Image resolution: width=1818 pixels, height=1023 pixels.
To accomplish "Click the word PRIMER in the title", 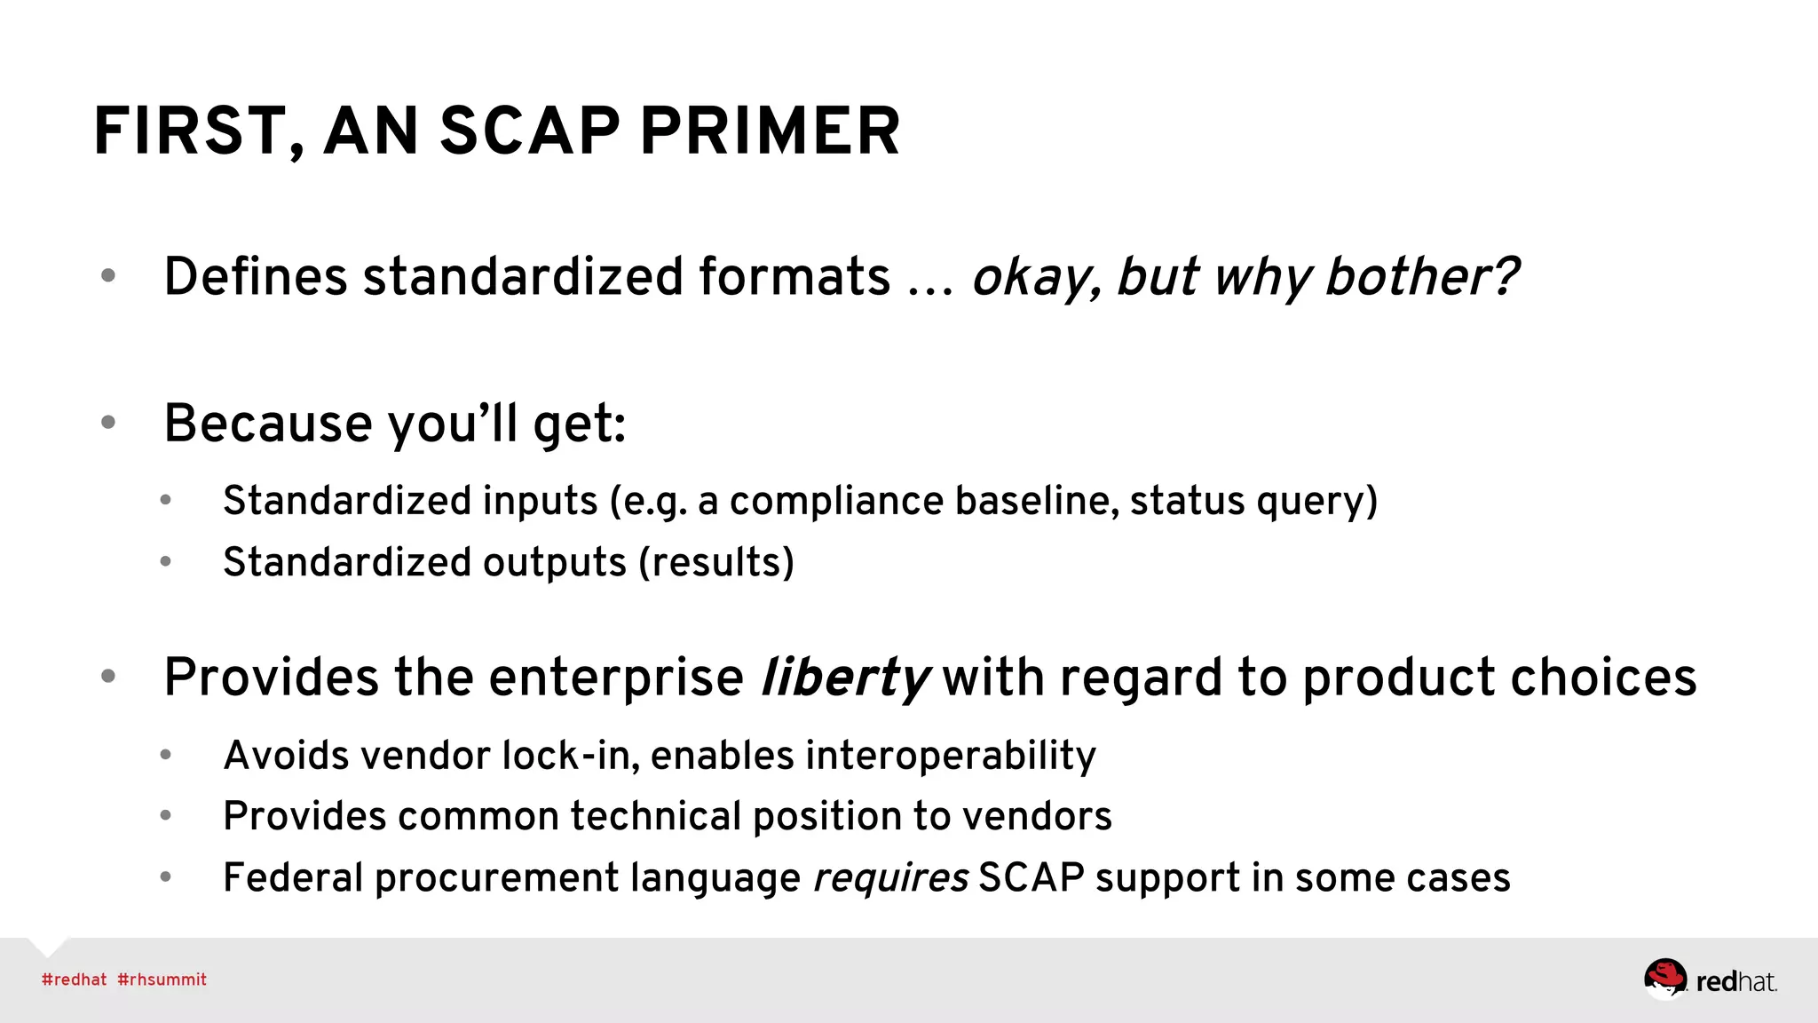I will click(x=770, y=131).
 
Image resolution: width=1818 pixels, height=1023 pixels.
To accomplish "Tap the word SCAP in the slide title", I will click(x=529, y=131).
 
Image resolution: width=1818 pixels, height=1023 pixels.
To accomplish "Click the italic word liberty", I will click(x=844, y=678).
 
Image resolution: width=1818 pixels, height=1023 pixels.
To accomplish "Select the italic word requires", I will click(x=890, y=878).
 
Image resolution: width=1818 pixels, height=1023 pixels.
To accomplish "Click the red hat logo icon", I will click(x=1664, y=979).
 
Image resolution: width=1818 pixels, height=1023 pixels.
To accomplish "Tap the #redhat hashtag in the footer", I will click(x=74, y=979).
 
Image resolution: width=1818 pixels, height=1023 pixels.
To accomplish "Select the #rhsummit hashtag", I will click(x=162, y=979).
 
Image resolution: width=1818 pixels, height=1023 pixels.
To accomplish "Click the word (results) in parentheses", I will click(x=716, y=562).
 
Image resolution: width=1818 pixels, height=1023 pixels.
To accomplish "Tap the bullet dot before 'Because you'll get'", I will click(x=108, y=423).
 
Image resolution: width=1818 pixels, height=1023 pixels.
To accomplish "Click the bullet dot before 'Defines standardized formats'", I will click(x=108, y=275).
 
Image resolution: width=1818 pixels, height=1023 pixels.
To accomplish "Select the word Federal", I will click(x=292, y=878).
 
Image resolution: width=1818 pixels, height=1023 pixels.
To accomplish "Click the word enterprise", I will click(x=616, y=678).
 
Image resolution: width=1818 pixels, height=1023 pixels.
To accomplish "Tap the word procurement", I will click(x=498, y=878).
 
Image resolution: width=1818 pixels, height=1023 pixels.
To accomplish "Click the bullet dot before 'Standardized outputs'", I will click(x=165, y=561).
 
